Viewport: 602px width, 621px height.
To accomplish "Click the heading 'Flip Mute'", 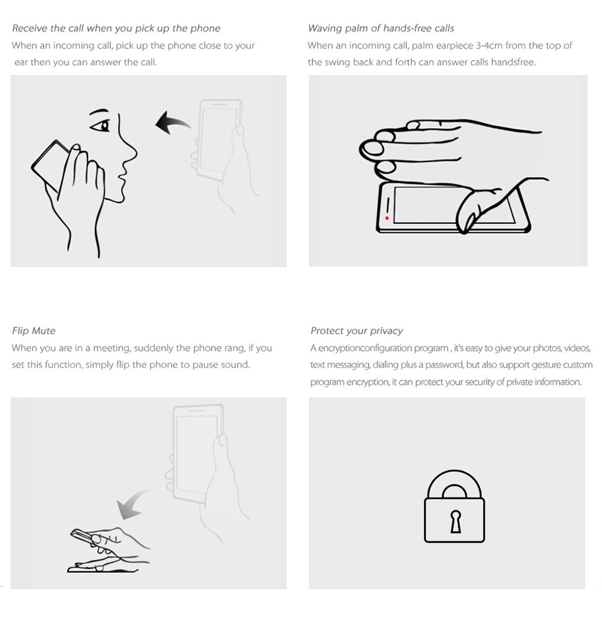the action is tap(34, 330).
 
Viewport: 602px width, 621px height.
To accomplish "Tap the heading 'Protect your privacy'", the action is tap(357, 330).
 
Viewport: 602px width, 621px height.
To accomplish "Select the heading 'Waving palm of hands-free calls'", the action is tap(381, 28).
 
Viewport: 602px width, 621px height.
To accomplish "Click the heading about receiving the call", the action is tap(116, 28).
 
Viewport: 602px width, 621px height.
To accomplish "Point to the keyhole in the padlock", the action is tap(455, 521).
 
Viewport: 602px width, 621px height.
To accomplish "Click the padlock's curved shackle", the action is tap(454, 474).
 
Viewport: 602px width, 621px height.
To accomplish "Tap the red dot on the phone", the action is tap(387, 218).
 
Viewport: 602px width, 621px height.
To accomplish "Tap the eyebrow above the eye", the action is tap(98, 111).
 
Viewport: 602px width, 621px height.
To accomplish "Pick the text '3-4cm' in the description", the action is tap(489, 46).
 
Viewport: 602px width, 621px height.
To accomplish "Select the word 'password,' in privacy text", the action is tap(444, 365).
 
